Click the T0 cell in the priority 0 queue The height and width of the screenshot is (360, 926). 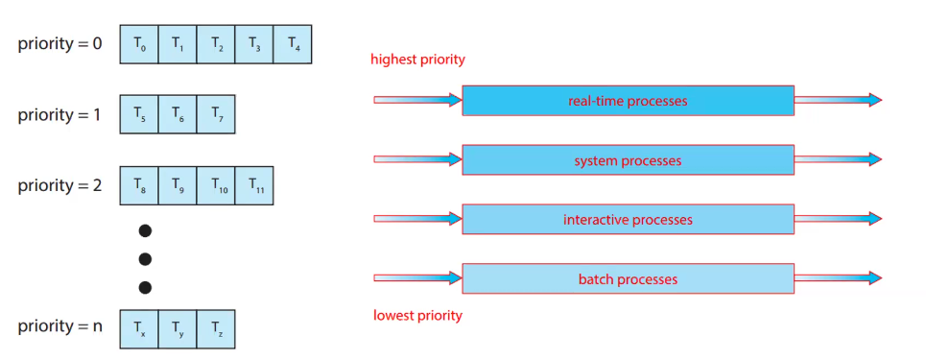click(x=139, y=44)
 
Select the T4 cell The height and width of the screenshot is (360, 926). click(x=293, y=44)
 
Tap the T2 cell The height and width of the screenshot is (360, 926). click(x=216, y=44)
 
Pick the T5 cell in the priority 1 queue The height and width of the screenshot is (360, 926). click(x=139, y=113)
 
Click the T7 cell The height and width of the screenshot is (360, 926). click(x=216, y=113)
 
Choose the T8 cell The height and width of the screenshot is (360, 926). click(x=139, y=185)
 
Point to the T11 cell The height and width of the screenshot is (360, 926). click(x=254, y=185)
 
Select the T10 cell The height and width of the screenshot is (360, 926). click(x=216, y=185)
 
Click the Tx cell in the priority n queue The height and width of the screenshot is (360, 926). click(x=139, y=327)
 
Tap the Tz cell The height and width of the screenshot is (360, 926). click(x=216, y=327)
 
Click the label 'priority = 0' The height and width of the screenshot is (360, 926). click(x=59, y=44)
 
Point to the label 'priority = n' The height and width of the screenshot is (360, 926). click(x=59, y=326)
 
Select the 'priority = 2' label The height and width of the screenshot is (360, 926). click(x=59, y=185)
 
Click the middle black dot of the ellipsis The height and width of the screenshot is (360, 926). click(x=146, y=258)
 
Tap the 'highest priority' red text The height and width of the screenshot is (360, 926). click(x=417, y=60)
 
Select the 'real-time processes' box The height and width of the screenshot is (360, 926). click(x=628, y=101)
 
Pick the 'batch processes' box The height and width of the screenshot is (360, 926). click(x=628, y=279)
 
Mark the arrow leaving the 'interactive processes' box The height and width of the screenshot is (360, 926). click(x=838, y=219)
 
